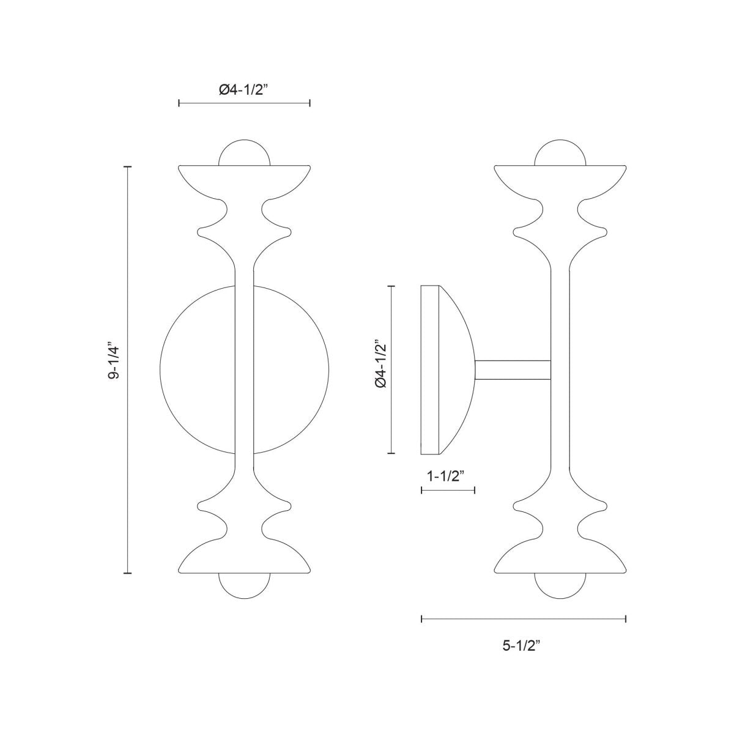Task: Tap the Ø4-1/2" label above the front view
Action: pos(244,89)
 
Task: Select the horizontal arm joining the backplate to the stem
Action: pos(513,369)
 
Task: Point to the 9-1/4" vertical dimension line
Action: pos(128,428)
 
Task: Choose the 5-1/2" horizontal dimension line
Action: pos(524,620)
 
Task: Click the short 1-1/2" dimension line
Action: pos(448,490)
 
